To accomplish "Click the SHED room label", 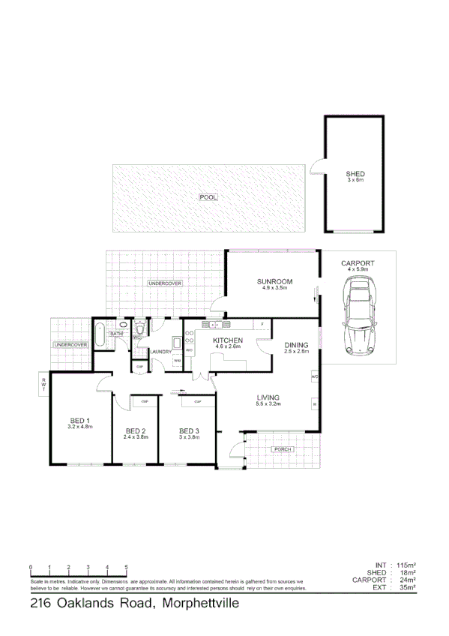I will pos(355,174).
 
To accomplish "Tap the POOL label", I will pos(208,197).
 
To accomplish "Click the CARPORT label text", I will pos(357,263).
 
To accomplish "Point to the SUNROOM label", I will pos(276,281).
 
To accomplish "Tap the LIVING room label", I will pos(268,397).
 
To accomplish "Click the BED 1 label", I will pos(79,420).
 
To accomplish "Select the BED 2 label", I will pos(134,430).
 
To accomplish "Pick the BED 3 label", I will pos(189,430).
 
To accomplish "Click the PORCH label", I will pos(283,449).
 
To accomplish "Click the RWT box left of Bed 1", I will pos(43,385).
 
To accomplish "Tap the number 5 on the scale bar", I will pos(126,567).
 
